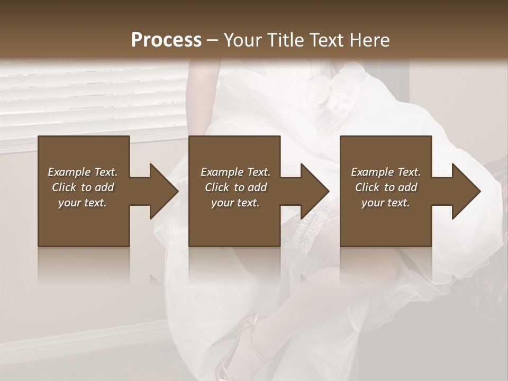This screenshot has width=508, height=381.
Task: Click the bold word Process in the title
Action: [x=166, y=40]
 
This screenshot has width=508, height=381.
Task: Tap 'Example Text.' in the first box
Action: [x=83, y=172]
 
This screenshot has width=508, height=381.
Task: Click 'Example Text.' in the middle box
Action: [x=235, y=172]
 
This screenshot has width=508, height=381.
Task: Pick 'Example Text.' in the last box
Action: [x=386, y=172]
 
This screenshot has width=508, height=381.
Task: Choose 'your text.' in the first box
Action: [x=83, y=203]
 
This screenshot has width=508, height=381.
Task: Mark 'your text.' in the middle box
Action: [x=235, y=203]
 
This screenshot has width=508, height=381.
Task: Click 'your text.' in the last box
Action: [x=386, y=203]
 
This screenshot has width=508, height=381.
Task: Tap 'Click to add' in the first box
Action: [x=83, y=187]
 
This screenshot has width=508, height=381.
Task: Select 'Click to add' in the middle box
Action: [x=235, y=187]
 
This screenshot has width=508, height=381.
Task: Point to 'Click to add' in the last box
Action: [x=386, y=187]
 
